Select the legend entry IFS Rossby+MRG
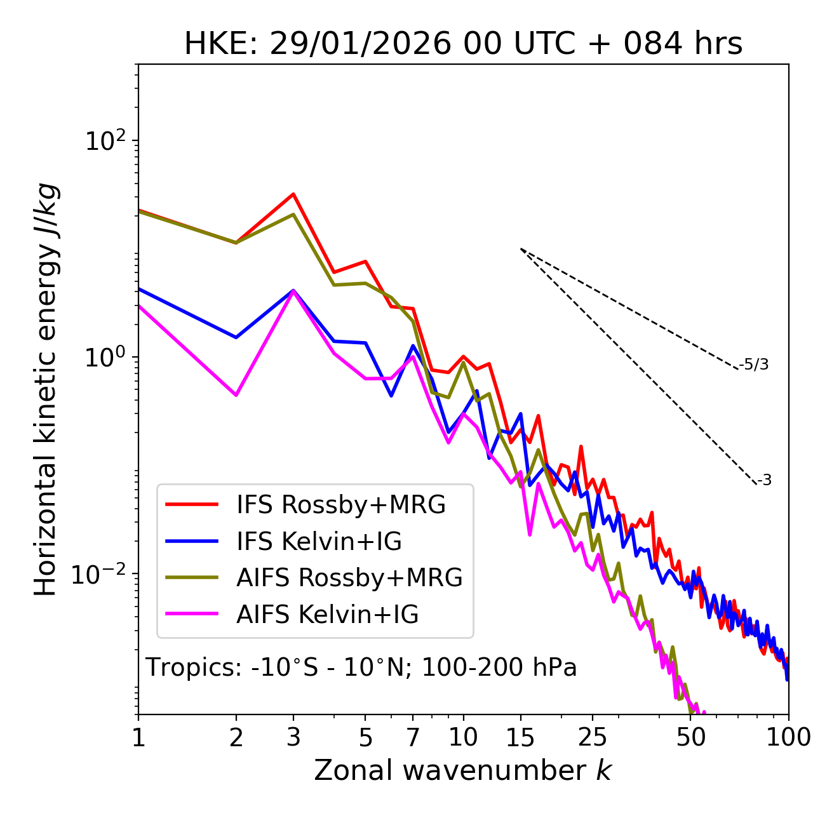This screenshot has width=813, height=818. (341, 505)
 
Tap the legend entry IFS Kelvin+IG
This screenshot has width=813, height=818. (319, 542)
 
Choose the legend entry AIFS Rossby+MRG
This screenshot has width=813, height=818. (349, 578)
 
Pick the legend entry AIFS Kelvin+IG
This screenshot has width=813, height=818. (327, 615)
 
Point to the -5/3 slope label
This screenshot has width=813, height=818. (754, 365)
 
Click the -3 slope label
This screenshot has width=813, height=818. (764, 481)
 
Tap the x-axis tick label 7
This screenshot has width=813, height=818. (413, 737)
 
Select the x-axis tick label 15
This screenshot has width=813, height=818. (520, 737)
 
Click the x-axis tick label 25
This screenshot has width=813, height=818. (593, 737)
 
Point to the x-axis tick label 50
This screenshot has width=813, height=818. (690, 737)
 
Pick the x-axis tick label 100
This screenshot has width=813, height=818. (788, 737)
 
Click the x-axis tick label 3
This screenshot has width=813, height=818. (293, 737)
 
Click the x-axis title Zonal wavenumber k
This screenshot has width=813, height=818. (463, 770)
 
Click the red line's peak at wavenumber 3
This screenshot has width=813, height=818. (293, 194)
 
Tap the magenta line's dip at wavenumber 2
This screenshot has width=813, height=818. (236, 395)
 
